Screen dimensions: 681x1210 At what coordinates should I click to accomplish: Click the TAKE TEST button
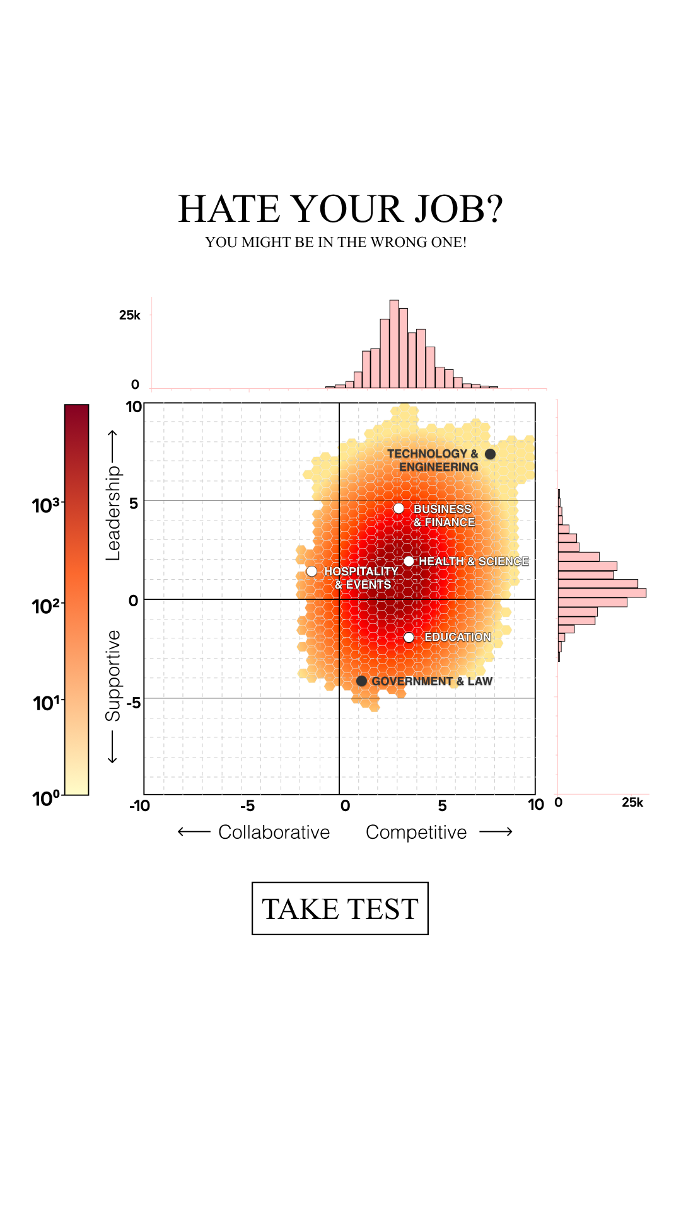(340, 908)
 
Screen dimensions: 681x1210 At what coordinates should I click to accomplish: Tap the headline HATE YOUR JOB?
(340, 209)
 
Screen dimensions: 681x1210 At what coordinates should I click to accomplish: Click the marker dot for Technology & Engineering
(490, 454)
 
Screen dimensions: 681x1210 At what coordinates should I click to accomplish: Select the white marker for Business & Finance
(399, 509)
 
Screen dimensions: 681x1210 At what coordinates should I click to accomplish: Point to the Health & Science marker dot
(409, 561)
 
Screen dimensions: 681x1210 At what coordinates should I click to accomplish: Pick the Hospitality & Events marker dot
(311, 572)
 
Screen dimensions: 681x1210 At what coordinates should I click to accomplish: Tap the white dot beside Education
(409, 638)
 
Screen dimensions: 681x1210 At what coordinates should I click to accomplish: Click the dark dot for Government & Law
(361, 681)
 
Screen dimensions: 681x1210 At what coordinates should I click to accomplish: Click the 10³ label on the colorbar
(45, 505)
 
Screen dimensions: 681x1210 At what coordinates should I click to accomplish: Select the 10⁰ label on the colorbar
(45, 798)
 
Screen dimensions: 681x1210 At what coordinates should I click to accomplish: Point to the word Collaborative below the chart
(274, 833)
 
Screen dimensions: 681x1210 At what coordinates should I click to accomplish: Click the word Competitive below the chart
(416, 833)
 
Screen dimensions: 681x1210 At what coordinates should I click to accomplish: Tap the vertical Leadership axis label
(113, 513)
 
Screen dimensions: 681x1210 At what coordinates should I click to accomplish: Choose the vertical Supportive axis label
(113, 676)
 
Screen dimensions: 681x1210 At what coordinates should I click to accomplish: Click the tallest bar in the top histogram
(394, 344)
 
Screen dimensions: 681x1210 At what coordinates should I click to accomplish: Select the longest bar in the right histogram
(602, 593)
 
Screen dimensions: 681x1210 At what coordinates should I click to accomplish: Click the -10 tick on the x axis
(140, 806)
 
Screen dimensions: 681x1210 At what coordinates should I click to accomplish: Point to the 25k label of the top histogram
(130, 315)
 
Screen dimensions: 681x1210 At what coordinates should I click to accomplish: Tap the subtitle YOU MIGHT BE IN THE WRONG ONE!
(336, 243)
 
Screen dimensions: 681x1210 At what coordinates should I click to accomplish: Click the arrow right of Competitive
(496, 833)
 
